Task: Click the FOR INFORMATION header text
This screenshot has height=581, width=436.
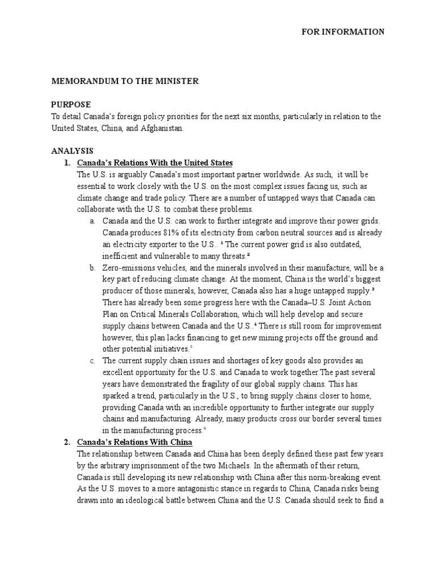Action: [x=342, y=32]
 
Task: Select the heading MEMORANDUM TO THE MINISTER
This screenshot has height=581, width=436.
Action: [x=125, y=81]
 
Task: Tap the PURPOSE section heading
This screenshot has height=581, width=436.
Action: [x=71, y=105]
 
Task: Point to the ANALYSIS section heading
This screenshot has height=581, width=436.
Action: [x=72, y=151]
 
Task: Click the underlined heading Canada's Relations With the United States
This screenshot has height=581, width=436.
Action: [x=155, y=163]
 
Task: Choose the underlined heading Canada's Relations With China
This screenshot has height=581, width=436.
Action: [x=135, y=441]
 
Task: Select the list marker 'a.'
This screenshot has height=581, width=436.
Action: [x=93, y=221]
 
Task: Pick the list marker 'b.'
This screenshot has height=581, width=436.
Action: [x=93, y=267]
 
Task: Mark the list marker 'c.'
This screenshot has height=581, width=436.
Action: [x=93, y=360]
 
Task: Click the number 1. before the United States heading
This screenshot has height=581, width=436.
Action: [x=67, y=163]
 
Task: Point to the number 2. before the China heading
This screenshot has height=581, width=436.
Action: [x=67, y=441]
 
